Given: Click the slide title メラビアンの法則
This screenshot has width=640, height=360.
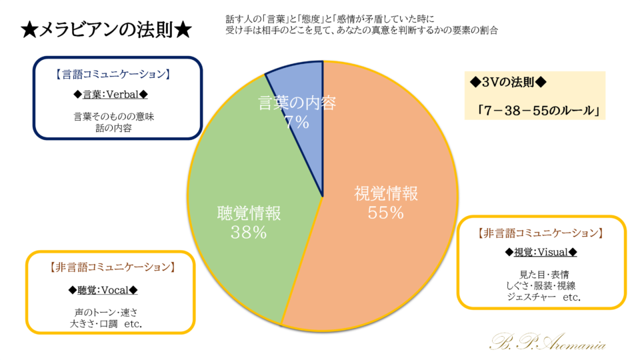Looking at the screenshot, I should click(107, 30).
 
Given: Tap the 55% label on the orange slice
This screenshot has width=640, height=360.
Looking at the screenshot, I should click(386, 213).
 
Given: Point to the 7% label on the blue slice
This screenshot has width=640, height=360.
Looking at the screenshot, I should click(297, 121).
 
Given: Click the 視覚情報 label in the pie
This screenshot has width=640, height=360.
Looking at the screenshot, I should click(386, 194).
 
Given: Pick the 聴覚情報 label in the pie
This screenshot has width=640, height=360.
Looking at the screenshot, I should click(249, 213).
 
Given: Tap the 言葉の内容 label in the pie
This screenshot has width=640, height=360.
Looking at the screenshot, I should click(297, 103).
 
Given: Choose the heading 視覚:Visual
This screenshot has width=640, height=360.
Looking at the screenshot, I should click(540, 253).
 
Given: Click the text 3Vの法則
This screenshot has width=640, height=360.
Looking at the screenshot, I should click(508, 83).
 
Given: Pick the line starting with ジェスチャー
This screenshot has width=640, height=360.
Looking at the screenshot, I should click(543, 297).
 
